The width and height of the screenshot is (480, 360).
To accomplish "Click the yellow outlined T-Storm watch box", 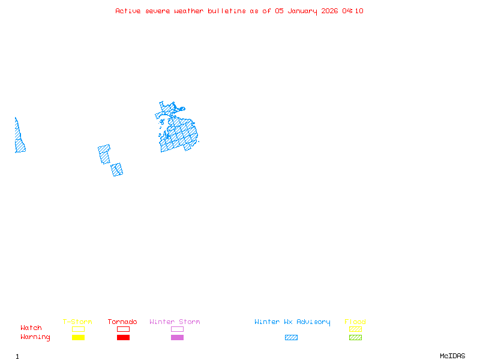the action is coord(78,329).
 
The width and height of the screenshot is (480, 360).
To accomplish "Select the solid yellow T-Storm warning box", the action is coord(78,337).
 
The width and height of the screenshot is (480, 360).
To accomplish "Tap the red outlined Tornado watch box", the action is coord(123,329).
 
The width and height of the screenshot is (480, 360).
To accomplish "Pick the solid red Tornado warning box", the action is coord(123,337).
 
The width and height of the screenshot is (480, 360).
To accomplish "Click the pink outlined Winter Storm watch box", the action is coord(177,329).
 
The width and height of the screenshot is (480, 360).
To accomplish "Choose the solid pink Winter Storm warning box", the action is coord(177,337).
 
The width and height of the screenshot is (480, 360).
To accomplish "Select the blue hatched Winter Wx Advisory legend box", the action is coord(291,337).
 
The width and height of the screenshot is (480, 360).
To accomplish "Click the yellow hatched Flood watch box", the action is coord(355,329).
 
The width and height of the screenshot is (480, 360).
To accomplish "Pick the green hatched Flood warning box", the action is coord(355,337).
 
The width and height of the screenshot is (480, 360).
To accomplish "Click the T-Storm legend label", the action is coord(77,322).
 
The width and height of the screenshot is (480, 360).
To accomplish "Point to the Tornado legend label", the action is coord(122,322).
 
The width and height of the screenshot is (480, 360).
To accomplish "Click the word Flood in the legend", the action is coord(355,322).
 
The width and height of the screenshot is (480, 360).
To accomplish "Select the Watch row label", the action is coord(31,328).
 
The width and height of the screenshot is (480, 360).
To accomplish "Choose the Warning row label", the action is coord(35,337).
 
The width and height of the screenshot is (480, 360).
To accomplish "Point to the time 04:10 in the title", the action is coord(353,11).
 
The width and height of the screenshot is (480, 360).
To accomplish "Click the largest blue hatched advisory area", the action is coord(179,133).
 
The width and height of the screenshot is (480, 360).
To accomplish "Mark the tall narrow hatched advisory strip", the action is coord(19,138).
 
